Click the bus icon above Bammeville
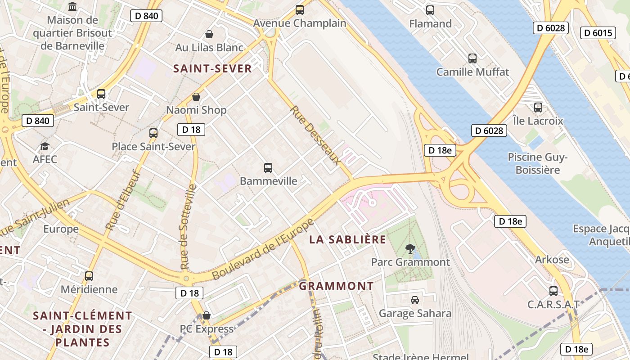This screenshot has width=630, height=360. (268, 168)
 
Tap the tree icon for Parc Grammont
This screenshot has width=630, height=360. (410, 248)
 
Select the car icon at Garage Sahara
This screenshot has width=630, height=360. (415, 300)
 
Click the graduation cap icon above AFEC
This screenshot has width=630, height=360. (45, 146)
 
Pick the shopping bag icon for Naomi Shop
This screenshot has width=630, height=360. (196, 97)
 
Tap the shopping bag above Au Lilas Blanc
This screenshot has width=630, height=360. (209, 34)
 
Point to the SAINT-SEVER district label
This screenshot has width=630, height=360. (212, 68)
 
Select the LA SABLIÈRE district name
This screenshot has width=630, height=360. (347, 239)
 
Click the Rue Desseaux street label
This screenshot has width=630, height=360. (315, 135)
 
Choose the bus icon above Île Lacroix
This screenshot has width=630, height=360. (538, 108)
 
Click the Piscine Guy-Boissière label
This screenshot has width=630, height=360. (537, 163)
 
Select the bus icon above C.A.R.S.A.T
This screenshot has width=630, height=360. (553, 291)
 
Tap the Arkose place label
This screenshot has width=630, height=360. (552, 260)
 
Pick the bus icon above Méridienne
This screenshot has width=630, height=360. (89, 276)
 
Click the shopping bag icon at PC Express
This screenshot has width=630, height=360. (207, 315)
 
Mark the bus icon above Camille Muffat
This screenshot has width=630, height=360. (472, 58)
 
